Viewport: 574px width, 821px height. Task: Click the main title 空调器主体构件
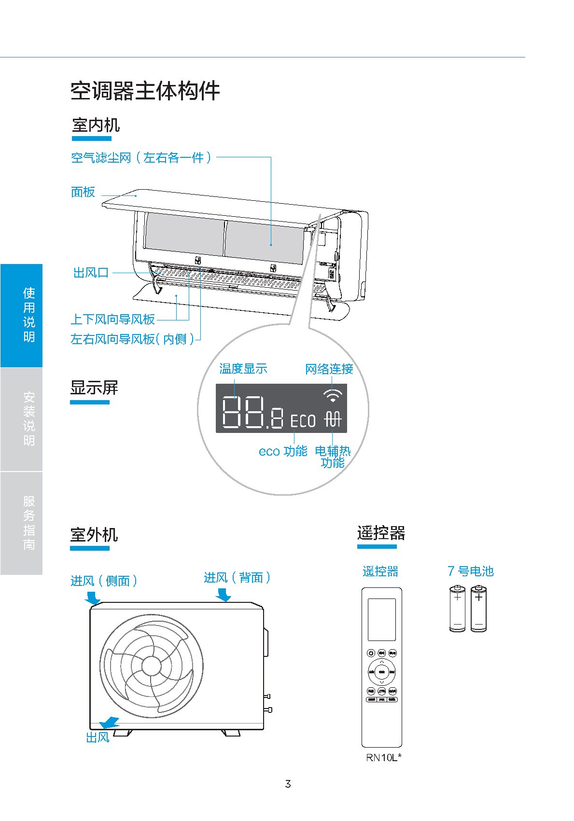(145, 91)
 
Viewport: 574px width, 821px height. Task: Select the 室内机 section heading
(96, 125)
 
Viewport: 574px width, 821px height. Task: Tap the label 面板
(83, 192)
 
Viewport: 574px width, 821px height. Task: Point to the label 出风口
(91, 273)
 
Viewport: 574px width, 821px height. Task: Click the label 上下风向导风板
(112, 320)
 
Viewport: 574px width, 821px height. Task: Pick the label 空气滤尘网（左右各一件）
(141, 158)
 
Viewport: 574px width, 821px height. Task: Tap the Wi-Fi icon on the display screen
(333, 396)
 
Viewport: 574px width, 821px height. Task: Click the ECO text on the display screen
(303, 421)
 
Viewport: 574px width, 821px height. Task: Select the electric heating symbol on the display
(333, 418)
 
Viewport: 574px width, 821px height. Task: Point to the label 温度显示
(243, 369)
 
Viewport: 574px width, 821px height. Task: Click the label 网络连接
(329, 369)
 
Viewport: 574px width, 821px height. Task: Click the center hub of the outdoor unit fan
(152, 666)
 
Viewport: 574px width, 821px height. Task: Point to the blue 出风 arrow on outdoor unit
(109, 723)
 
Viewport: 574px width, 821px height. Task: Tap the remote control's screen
(381, 619)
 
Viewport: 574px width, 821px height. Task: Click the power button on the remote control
(371, 653)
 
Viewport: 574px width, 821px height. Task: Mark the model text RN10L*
(383, 757)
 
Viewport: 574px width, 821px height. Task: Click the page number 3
(288, 784)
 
